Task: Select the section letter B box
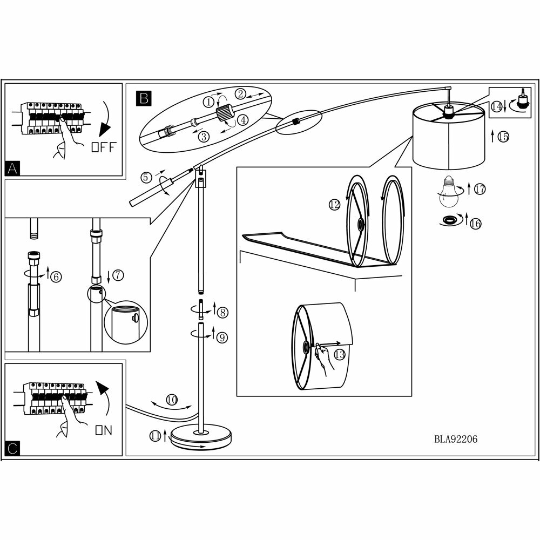click(143, 98)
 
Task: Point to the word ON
click(103, 430)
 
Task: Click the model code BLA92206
click(455, 439)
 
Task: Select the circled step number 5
click(145, 177)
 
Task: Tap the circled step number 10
click(171, 400)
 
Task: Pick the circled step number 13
click(339, 354)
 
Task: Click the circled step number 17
click(480, 189)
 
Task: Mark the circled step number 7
click(118, 275)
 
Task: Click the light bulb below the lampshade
click(448, 193)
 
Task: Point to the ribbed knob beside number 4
click(224, 113)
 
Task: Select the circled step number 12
click(334, 205)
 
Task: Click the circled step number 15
click(503, 137)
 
